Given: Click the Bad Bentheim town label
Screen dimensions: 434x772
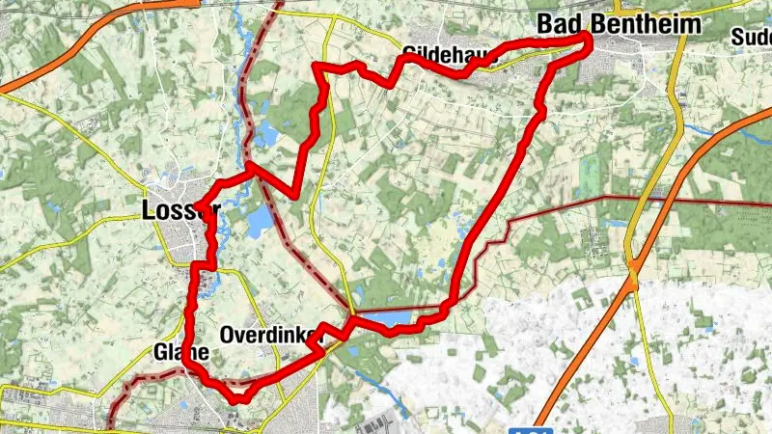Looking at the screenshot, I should point(618,23).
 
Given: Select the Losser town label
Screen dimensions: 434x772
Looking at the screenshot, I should point(180,210).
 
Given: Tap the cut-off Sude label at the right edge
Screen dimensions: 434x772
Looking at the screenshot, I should point(751,37).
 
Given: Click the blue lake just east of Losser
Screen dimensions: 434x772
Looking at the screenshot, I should point(260,223).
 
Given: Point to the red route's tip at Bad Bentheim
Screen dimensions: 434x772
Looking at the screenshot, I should point(587,39).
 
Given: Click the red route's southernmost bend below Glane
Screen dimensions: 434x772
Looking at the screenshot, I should point(237,396).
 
